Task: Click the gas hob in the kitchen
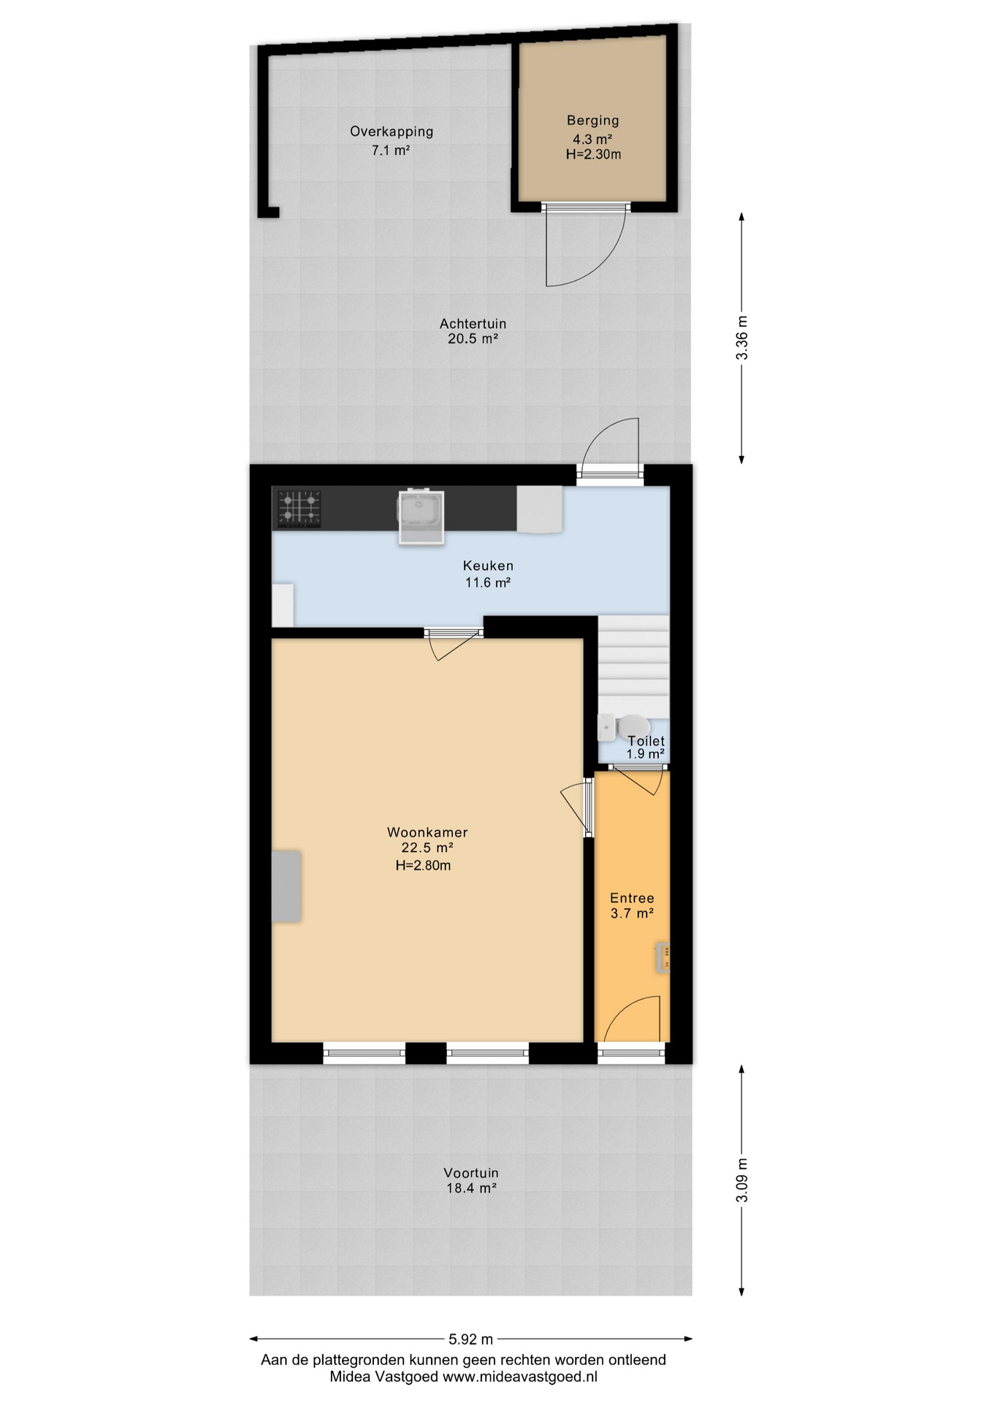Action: (x=299, y=508)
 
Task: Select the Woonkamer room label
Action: (x=427, y=832)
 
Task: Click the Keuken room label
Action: (x=488, y=566)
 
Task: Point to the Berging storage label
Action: (x=592, y=121)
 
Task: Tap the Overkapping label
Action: (x=392, y=132)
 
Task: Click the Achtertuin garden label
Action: (x=473, y=323)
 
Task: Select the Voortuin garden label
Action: (x=471, y=1172)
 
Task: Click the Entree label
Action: (x=632, y=898)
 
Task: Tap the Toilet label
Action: (x=646, y=741)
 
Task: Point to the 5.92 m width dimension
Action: (x=470, y=1339)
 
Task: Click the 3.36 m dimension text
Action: (x=742, y=338)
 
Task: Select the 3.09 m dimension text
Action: (x=742, y=1180)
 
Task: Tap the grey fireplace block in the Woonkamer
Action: (x=286, y=886)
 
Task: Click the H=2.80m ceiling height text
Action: (x=423, y=866)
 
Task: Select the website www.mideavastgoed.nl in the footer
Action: (x=520, y=1377)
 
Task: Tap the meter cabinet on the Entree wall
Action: (x=663, y=957)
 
